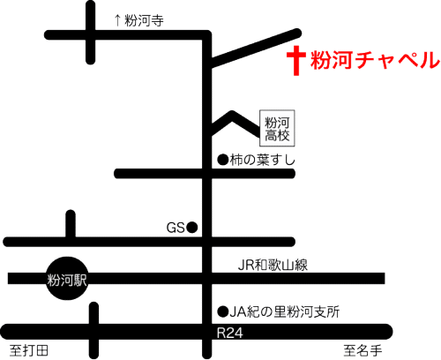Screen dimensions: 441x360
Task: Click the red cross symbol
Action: click(296, 61)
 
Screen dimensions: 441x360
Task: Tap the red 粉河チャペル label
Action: click(375, 60)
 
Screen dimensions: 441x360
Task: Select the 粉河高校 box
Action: click(277, 128)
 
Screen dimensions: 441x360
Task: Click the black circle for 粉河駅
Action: click(67, 278)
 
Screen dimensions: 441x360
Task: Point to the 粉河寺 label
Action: click(144, 20)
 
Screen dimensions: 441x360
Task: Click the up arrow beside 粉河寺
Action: click(117, 20)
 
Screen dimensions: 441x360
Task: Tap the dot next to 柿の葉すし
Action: click(223, 160)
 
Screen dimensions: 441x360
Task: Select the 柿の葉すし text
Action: click(263, 160)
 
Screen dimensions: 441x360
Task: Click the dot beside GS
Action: click(192, 228)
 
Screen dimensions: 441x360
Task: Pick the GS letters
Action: click(176, 228)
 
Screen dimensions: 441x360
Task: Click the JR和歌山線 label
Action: click(273, 265)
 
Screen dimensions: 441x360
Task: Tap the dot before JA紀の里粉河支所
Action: click(223, 311)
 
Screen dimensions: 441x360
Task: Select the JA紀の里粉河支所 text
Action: click(285, 311)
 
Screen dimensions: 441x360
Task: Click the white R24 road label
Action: click(229, 333)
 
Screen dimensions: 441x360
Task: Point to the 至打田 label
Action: click(29, 350)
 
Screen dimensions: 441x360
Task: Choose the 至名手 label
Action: click(363, 350)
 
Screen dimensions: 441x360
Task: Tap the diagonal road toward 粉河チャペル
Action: click(255, 48)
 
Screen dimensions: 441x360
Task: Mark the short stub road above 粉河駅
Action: click(71, 224)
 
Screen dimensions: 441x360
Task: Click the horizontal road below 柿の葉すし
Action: click(205, 174)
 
